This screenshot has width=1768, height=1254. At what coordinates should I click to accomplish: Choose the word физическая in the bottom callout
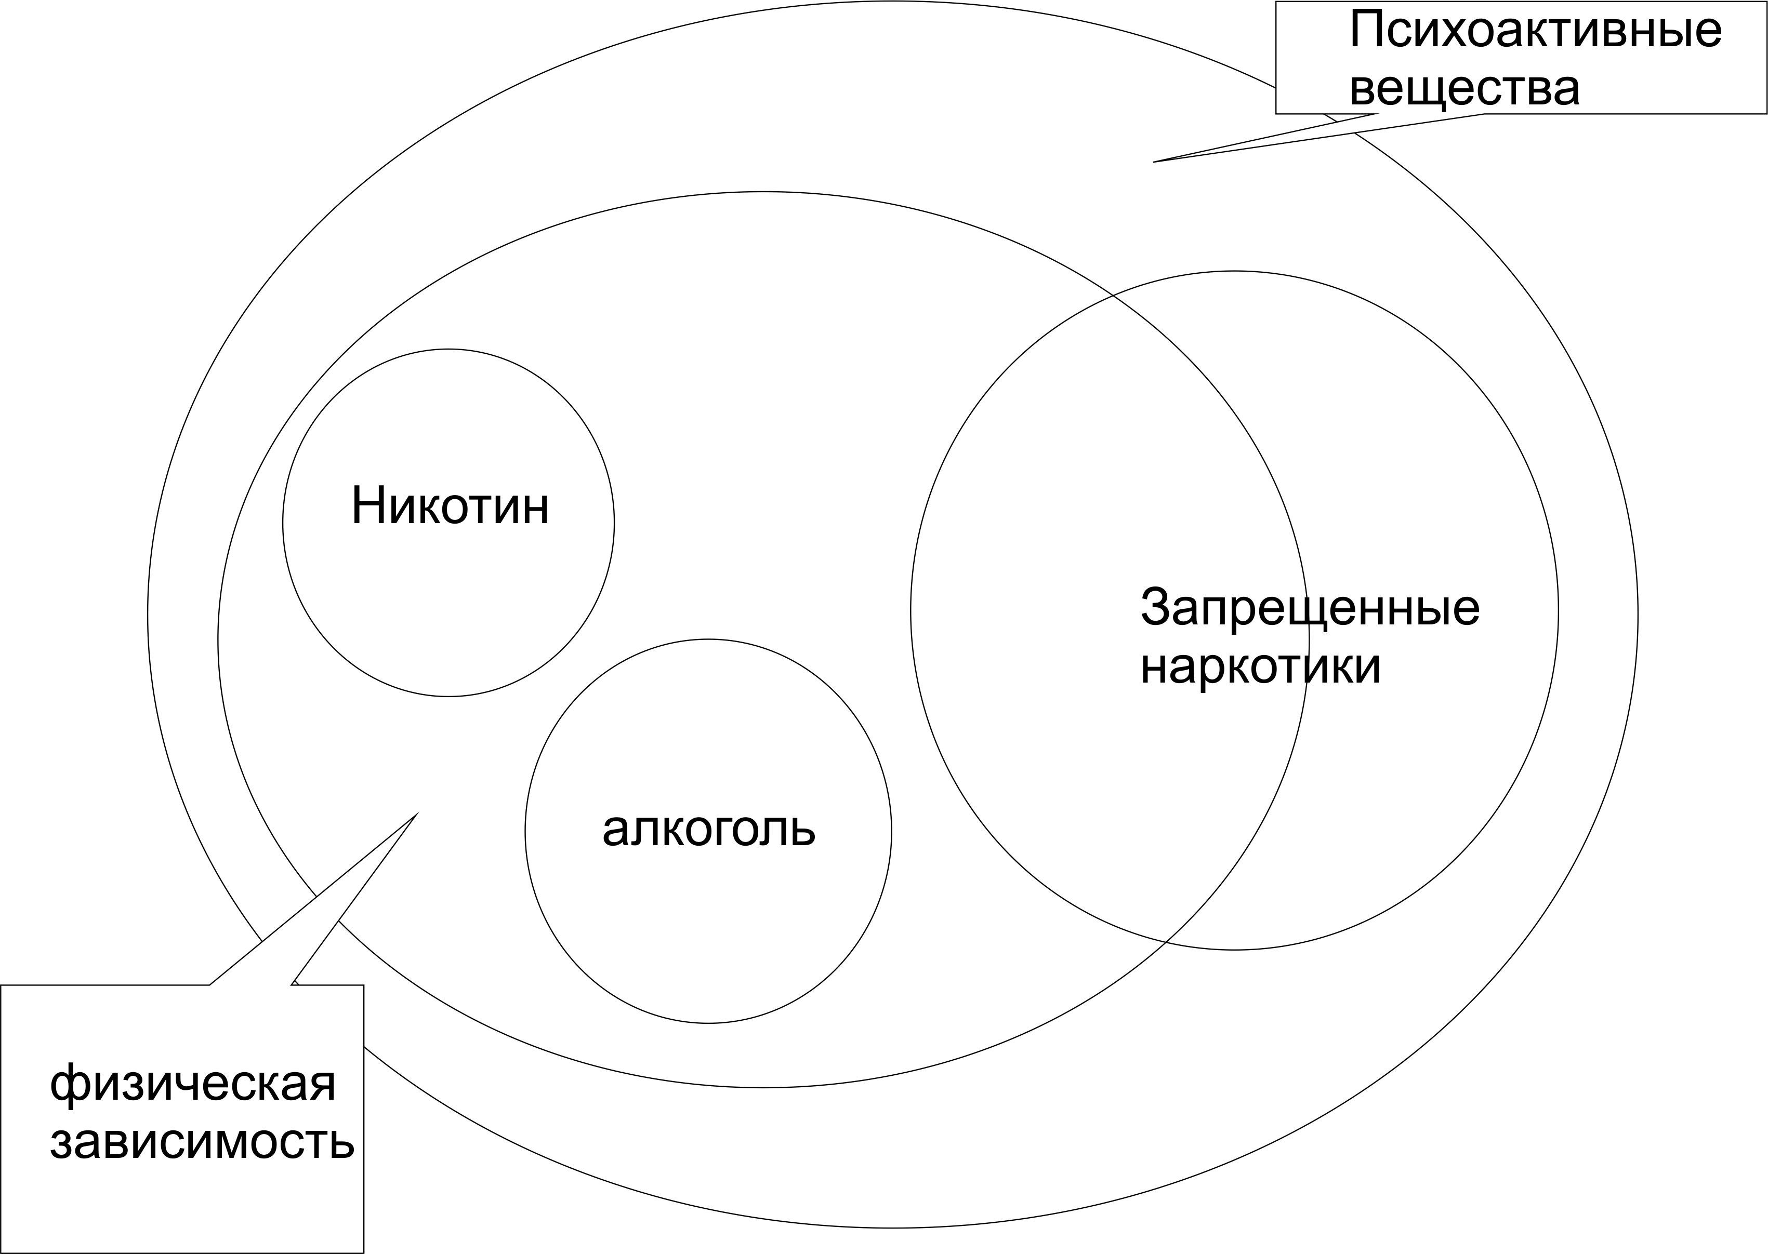coord(193,1083)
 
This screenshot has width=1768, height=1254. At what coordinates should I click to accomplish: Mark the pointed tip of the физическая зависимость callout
coord(417,813)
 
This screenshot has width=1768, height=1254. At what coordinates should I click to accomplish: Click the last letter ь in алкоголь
coord(802,831)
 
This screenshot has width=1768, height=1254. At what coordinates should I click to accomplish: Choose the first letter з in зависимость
coord(62,1143)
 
